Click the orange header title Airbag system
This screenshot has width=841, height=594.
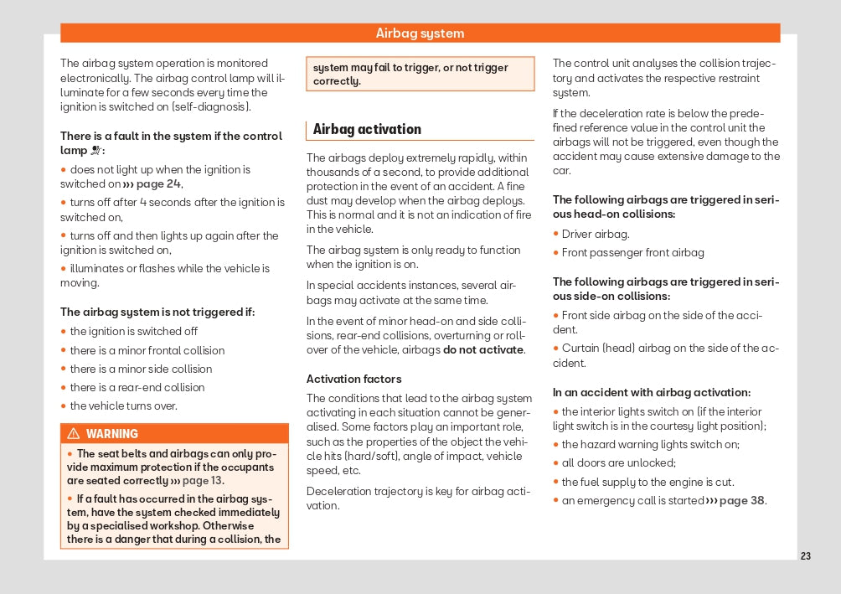420,34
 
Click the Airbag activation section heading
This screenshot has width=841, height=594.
367,129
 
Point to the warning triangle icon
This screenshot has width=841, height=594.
73,434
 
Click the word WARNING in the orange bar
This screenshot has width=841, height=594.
112,434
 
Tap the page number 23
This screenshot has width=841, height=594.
805,556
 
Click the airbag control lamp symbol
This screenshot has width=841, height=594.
96,151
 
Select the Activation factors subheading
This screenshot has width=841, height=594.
353,379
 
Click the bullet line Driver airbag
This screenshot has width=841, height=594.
596,234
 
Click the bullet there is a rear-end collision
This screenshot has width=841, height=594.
137,387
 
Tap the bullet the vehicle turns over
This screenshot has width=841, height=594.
123,405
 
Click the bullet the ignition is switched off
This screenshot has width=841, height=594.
133,331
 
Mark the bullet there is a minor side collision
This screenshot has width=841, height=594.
141,369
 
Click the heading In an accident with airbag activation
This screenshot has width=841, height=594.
651,392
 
